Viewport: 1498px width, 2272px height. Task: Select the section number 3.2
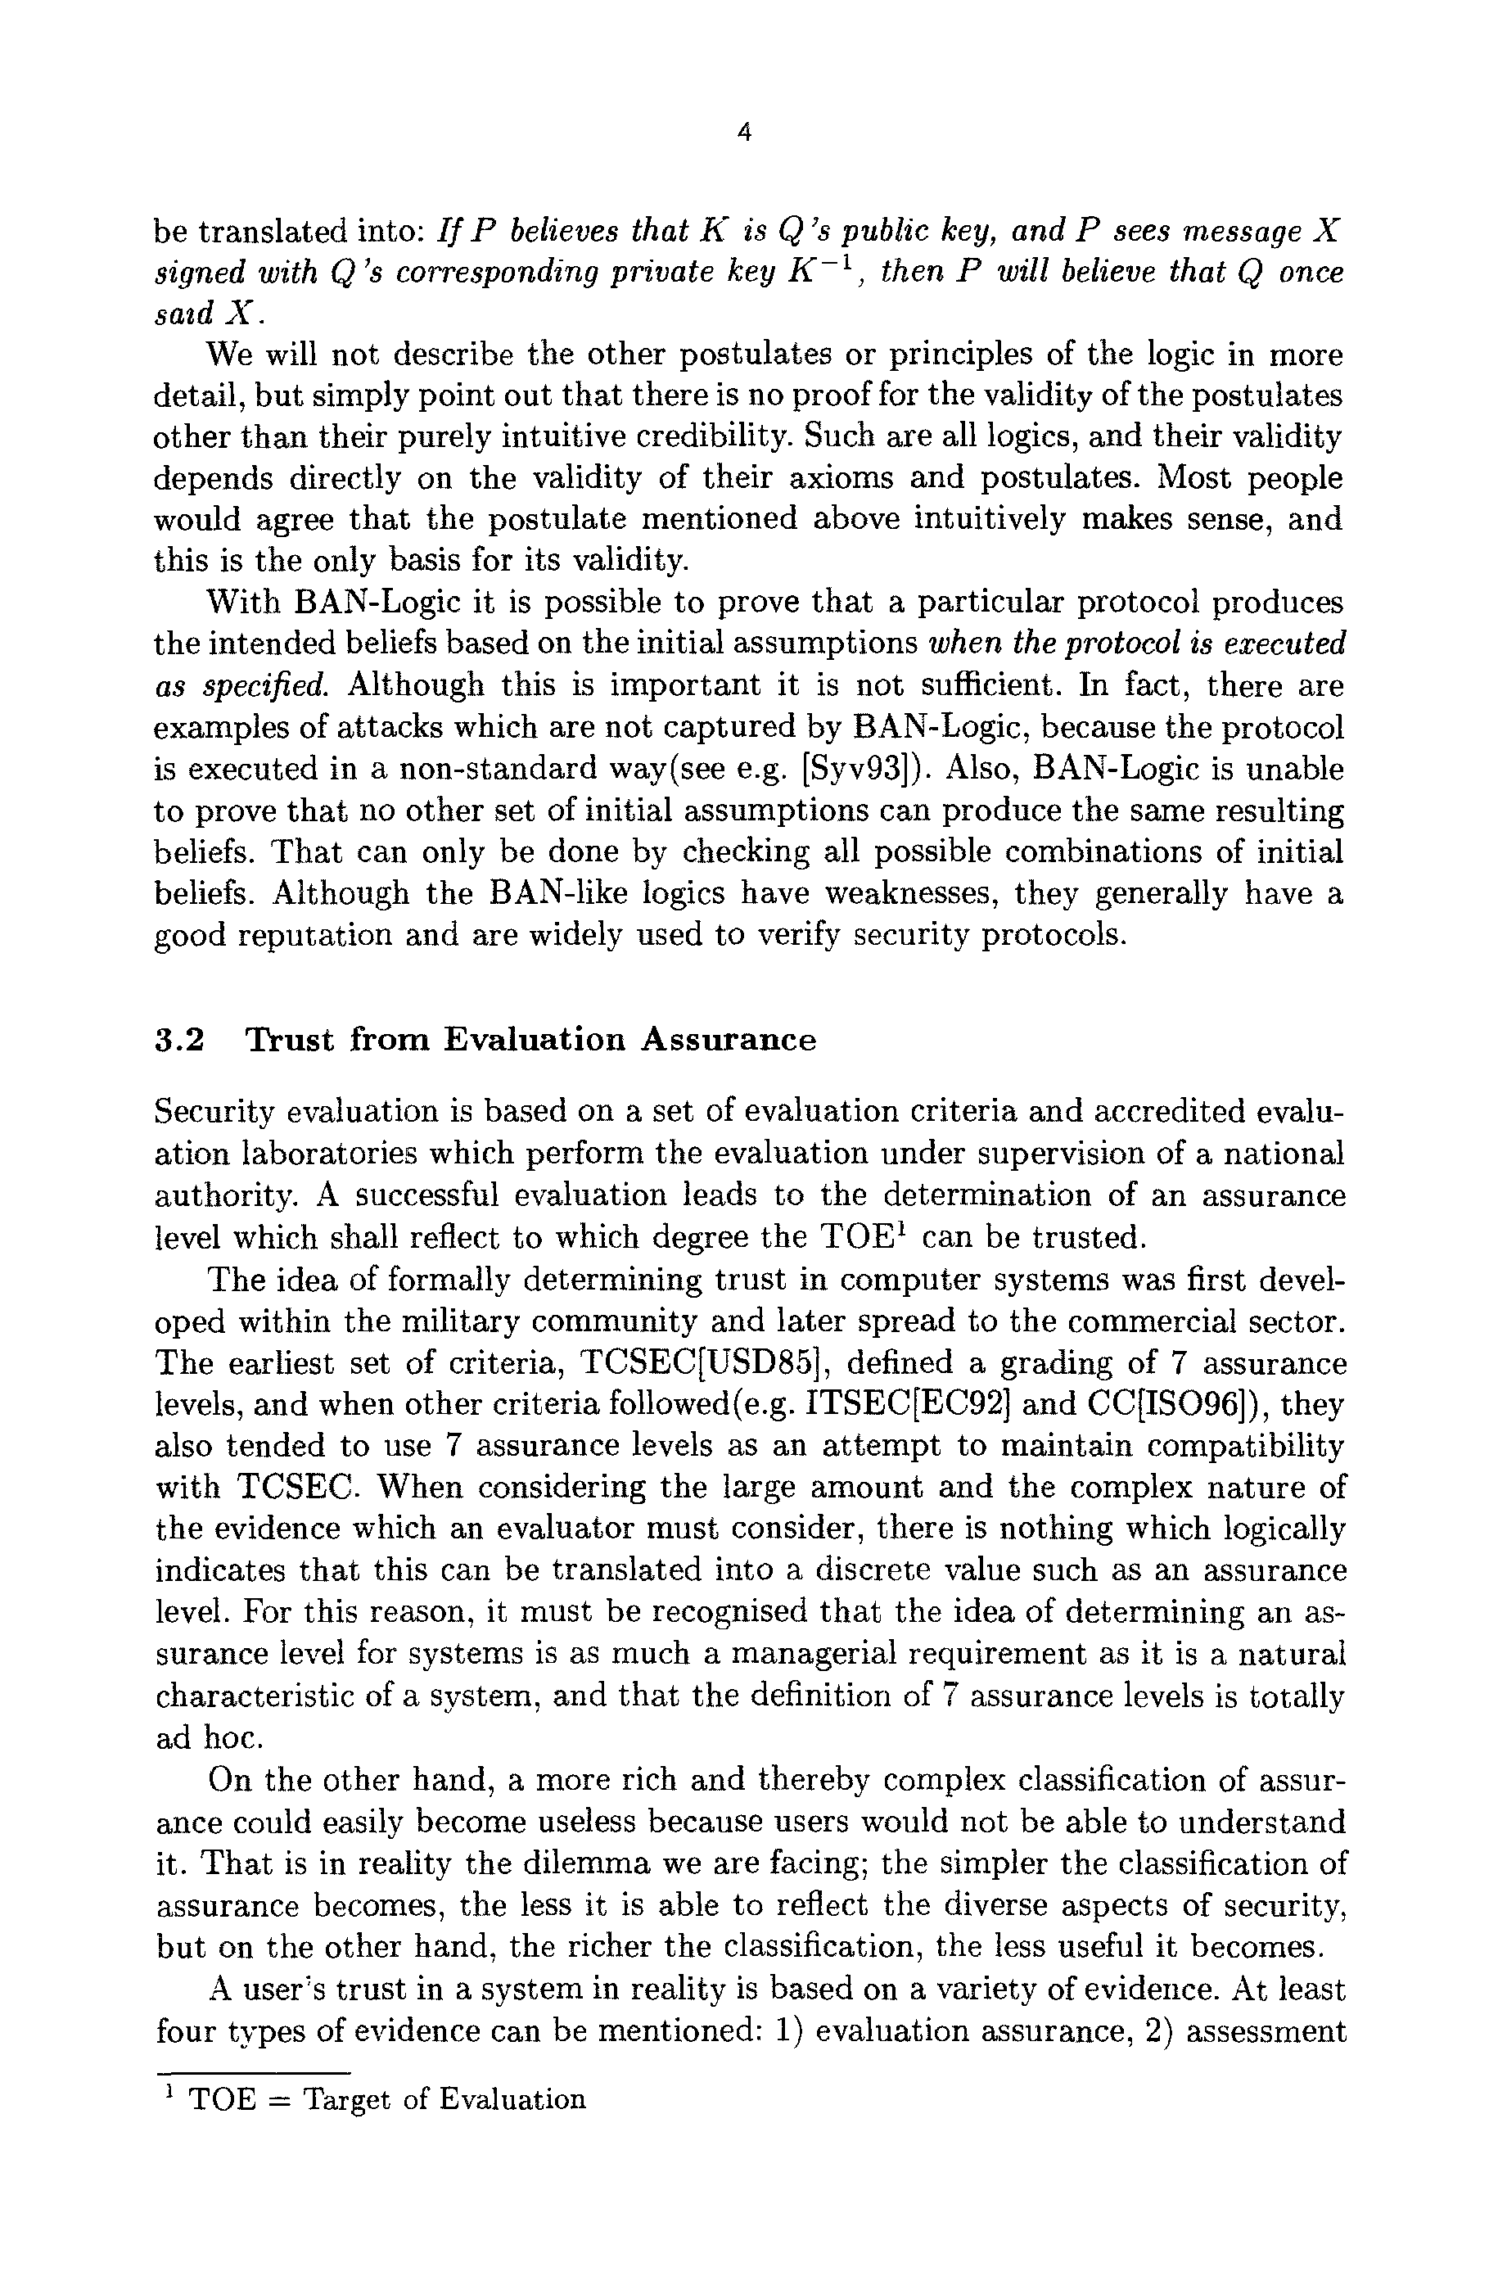[x=179, y=1040]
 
